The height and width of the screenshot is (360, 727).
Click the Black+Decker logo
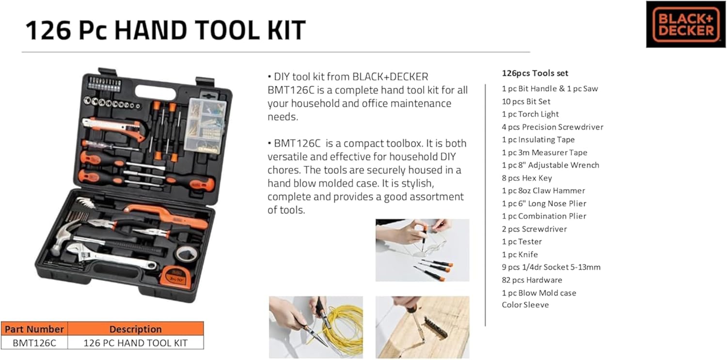tap(685, 24)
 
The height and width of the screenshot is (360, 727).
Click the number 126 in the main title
tap(48, 31)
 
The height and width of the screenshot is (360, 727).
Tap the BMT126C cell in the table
tap(34, 343)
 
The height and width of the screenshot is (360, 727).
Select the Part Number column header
tap(34, 329)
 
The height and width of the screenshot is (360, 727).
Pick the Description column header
tap(136, 329)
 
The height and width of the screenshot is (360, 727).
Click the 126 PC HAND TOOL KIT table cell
tap(136, 343)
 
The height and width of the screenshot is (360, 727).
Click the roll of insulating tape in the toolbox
tap(187, 253)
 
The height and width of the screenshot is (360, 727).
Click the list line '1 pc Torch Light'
tap(530, 114)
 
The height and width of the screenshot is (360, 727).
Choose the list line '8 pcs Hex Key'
tap(527, 178)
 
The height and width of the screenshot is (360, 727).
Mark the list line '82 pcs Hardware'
tap(532, 280)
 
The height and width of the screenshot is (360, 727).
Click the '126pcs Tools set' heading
tap(535, 73)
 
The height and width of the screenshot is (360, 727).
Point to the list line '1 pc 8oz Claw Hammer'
tap(543, 191)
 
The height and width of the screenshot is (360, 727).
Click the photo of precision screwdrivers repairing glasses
tap(422, 250)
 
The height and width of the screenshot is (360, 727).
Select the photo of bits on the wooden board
tap(422, 327)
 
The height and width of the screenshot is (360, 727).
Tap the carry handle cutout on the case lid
tap(155, 92)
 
